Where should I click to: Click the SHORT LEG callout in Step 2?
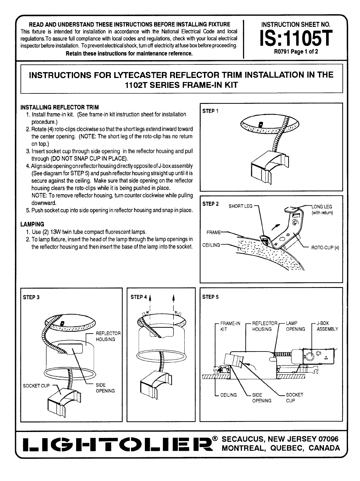(240, 206)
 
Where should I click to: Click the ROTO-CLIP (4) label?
(325, 247)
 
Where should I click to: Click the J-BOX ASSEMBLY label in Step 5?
(327, 326)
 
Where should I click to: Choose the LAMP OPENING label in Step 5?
(295, 326)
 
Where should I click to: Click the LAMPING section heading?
(32, 224)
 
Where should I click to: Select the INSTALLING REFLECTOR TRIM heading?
(59, 107)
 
